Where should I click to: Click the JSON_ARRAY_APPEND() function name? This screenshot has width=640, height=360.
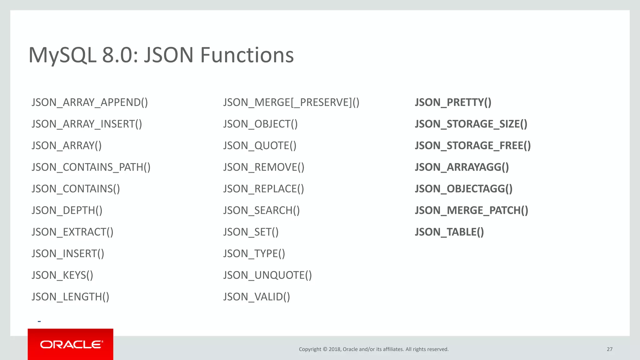[x=90, y=102]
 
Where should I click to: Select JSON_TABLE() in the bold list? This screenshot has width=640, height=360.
[x=449, y=232]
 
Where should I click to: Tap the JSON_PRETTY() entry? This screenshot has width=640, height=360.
[x=453, y=102]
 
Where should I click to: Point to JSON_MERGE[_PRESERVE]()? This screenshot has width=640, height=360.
[x=291, y=102]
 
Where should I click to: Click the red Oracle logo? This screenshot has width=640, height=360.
[x=71, y=344]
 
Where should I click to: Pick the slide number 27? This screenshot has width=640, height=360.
[x=609, y=349]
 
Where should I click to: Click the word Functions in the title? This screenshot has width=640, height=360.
[x=247, y=55]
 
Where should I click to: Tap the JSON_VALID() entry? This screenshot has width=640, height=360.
[x=257, y=297]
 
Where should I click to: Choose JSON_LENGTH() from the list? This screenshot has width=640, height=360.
[x=70, y=297]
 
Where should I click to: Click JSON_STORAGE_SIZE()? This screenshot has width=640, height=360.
[x=471, y=124]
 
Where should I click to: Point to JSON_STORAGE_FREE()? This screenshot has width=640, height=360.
[x=472, y=146]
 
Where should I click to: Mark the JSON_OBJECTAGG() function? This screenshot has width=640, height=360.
[x=463, y=189]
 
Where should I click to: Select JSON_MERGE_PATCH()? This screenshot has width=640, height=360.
[x=471, y=210]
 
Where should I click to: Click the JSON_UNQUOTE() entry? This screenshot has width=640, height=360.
[x=267, y=275]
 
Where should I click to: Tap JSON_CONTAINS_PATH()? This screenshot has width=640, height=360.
[x=91, y=167]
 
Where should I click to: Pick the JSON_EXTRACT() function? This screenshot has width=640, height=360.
[x=72, y=232]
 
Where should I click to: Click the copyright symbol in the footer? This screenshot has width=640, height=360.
[x=325, y=349]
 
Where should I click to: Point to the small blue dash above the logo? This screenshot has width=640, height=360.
[x=39, y=321]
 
